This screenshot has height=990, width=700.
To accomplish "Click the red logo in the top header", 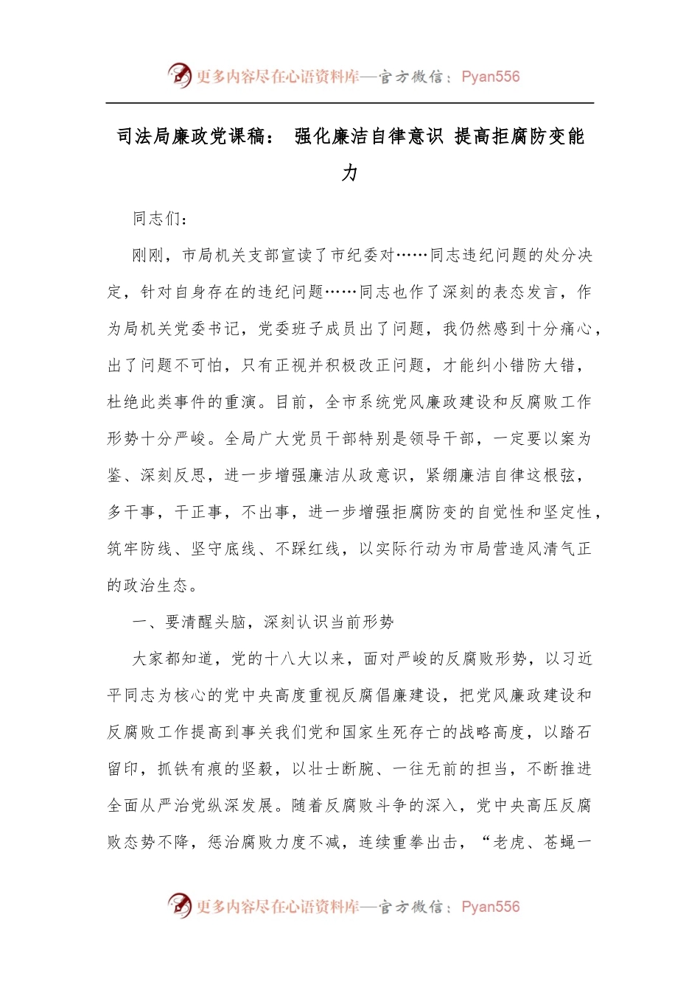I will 179,75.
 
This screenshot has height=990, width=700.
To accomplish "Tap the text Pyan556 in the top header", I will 491,77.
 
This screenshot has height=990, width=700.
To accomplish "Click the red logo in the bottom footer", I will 179,905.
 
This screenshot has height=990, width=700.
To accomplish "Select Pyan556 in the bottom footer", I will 491,907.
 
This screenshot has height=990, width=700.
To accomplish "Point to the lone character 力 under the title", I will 350,173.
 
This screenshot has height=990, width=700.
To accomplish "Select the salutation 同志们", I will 157,218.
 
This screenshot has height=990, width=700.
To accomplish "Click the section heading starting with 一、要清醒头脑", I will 263,622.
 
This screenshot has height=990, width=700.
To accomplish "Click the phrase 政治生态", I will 157,586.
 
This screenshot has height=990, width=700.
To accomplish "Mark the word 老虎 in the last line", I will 508,842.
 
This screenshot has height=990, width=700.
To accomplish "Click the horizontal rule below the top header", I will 350,103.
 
